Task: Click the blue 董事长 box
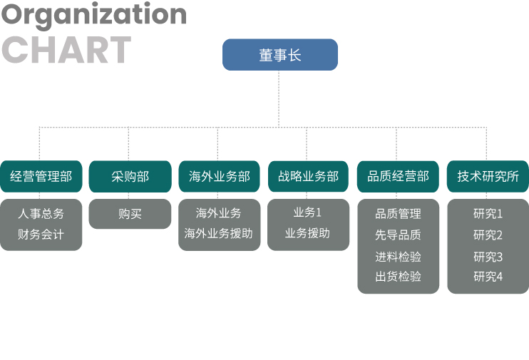280,55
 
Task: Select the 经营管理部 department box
41,177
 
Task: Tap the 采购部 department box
130,177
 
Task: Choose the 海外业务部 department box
220,177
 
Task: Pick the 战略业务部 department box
309,177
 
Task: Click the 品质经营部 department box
398,177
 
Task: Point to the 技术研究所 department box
488,177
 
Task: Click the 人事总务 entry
41,214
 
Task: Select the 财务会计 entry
41,235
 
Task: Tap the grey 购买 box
130,214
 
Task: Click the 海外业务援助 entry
218,233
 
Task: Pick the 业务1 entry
307,212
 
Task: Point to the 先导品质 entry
398,235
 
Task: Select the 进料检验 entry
398,257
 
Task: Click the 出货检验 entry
398,277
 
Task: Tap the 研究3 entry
488,257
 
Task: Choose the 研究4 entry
488,277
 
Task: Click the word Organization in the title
94,16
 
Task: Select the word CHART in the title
66,50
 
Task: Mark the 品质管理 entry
398,214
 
